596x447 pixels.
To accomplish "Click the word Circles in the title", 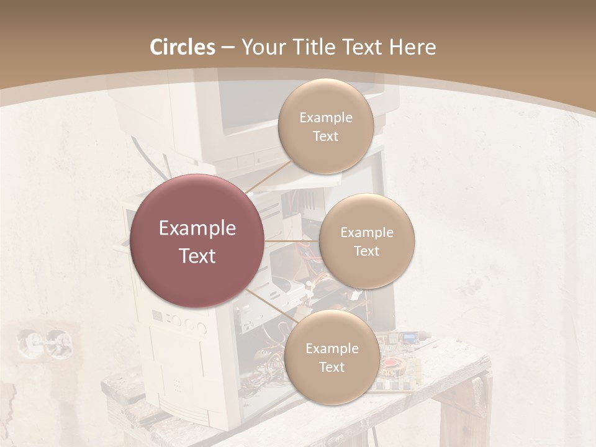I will pos(182,47).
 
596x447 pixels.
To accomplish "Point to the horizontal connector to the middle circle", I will pos(291,241).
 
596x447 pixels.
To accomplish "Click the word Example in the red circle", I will pos(197,228).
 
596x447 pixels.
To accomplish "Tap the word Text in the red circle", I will pos(197,256).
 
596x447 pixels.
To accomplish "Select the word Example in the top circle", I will pos(325,117).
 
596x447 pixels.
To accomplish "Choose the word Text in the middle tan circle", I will pos(366,251).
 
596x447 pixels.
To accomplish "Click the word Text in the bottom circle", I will pos(332,367).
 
